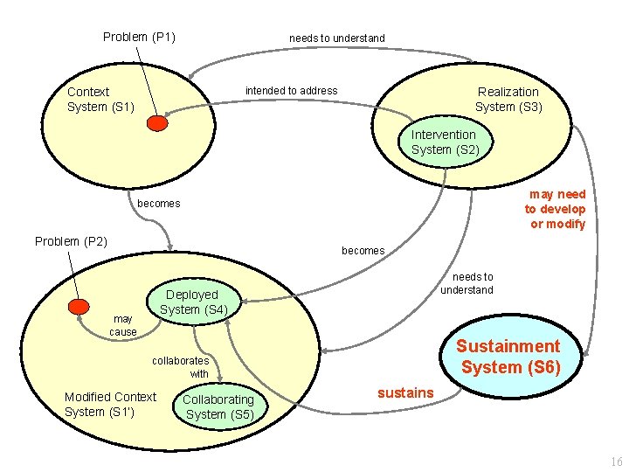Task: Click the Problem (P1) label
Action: [x=139, y=37]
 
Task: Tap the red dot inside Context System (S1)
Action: [x=157, y=124]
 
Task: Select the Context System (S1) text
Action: [x=100, y=99]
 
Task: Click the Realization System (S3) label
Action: [x=508, y=99]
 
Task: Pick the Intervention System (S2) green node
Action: [x=444, y=142]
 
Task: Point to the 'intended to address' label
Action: [x=291, y=91]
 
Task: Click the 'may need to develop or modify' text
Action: [x=555, y=209]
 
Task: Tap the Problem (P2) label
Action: [x=71, y=241]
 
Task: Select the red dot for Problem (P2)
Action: [x=80, y=306]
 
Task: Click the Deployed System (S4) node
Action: [x=194, y=302]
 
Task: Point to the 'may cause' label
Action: [x=123, y=325]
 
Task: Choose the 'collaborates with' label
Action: [x=181, y=367]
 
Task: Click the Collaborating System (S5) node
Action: [x=219, y=406]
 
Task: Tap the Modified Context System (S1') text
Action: [x=110, y=404]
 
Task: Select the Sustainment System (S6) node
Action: [x=509, y=357]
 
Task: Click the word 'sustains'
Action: [x=404, y=393]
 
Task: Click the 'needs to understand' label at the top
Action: [x=336, y=38]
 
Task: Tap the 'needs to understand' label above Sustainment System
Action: [x=467, y=283]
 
